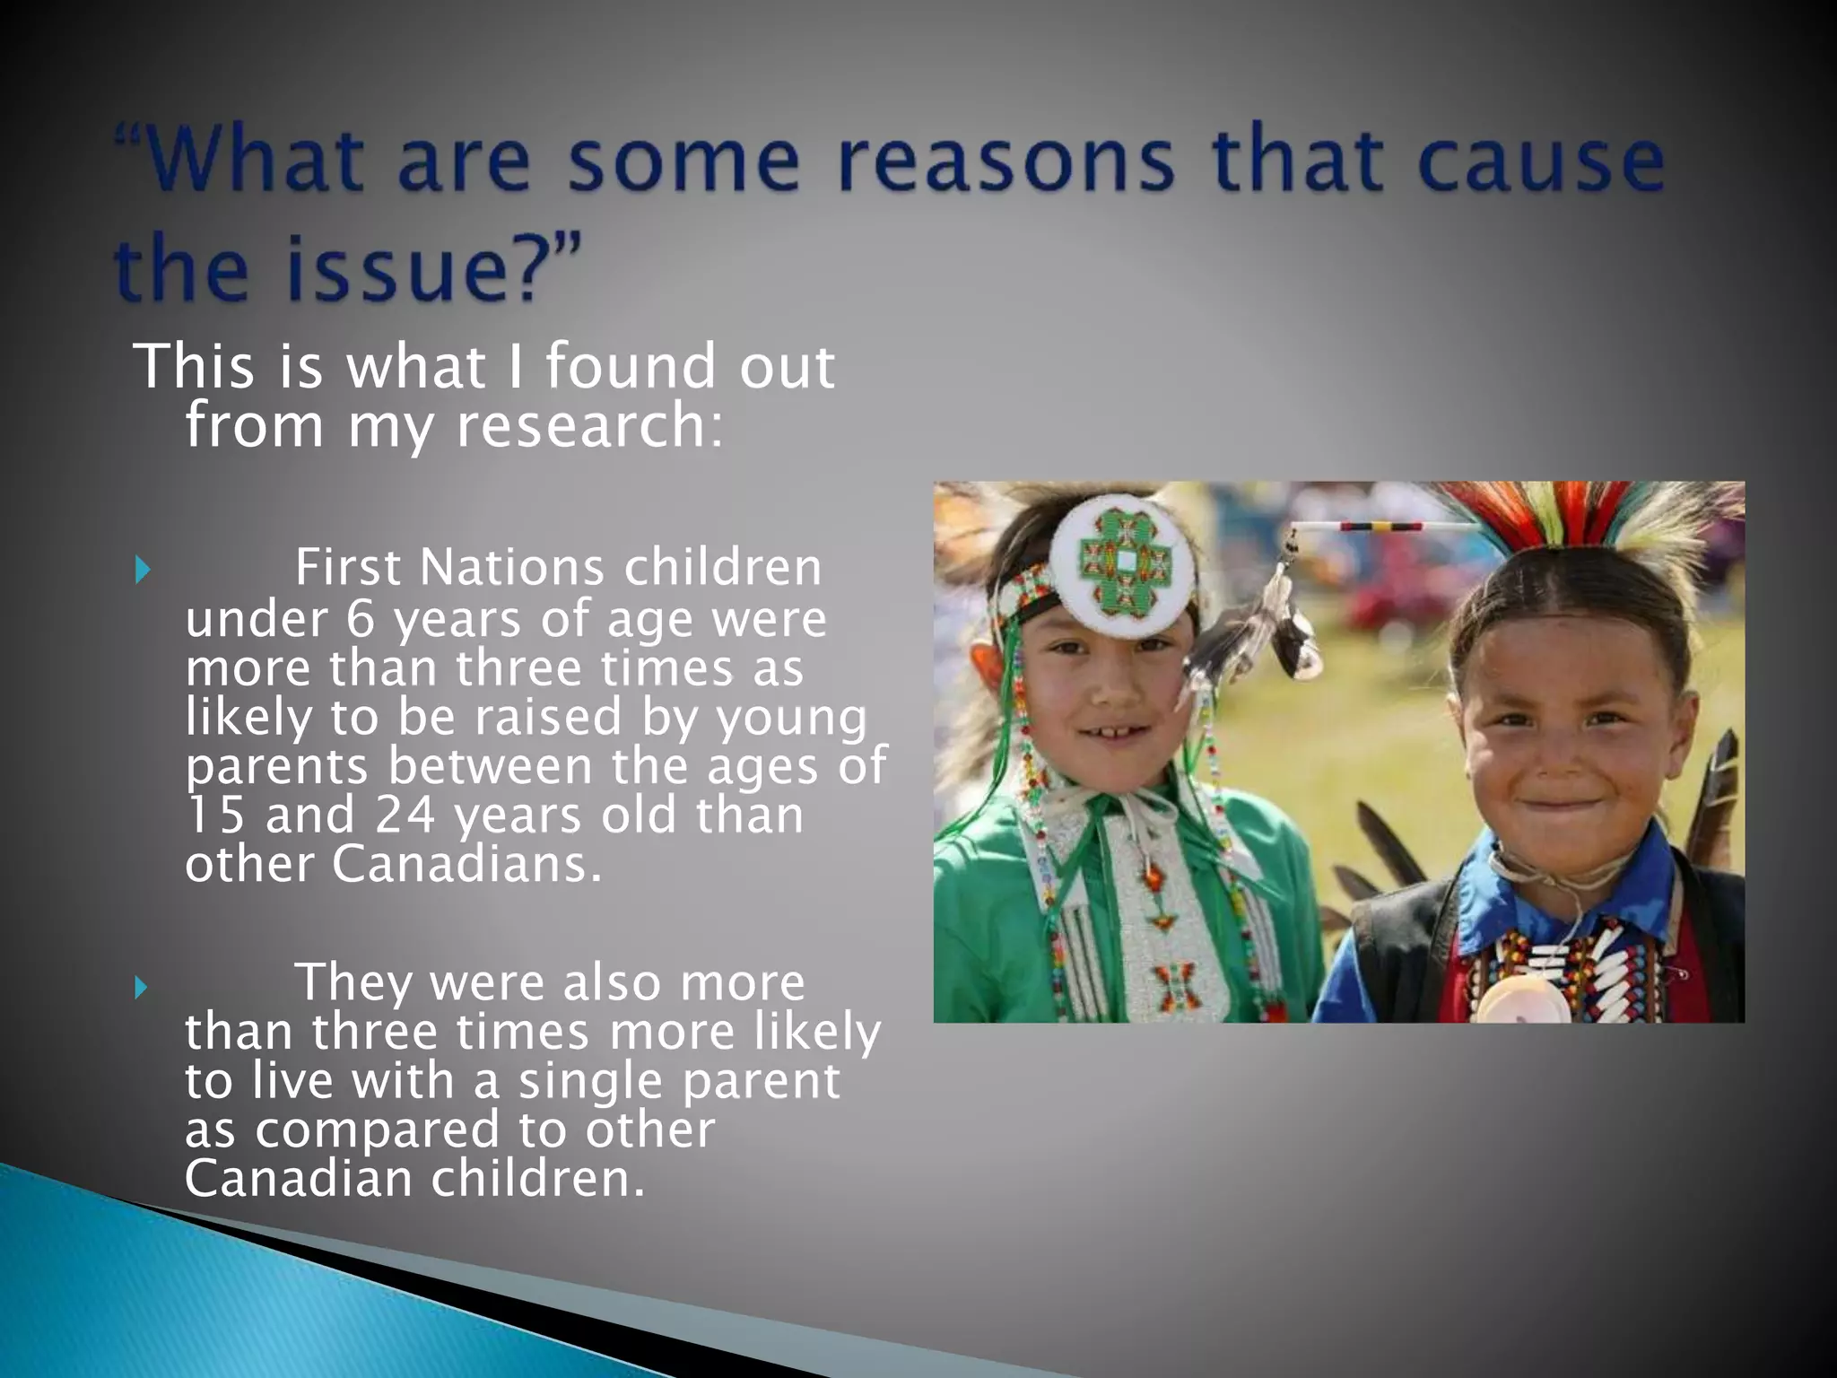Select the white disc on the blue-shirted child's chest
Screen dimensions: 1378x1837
point(1522,1000)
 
